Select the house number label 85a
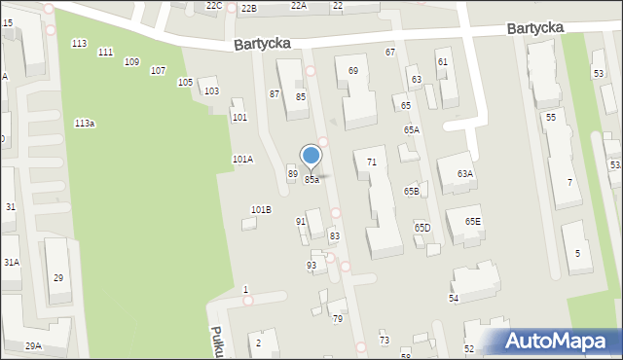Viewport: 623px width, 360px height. (311, 180)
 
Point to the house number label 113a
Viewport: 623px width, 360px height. (85, 124)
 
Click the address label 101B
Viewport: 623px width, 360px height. (261, 210)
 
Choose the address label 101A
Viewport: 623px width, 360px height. (242, 159)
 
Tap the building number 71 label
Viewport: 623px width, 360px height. (372, 162)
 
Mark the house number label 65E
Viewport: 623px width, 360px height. (472, 222)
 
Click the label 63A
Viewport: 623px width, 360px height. (465, 174)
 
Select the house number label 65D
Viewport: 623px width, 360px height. (422, 228)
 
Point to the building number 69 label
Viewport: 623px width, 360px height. (352, 71)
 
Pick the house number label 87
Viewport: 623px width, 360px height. (275, 94)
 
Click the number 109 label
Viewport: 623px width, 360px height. (131, 61)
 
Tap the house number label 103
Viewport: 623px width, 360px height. (211, 91)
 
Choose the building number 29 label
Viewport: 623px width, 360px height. (58, 278)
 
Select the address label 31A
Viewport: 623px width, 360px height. (11, 263)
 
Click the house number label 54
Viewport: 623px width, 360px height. (454, 298)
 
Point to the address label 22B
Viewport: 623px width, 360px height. (249, 8)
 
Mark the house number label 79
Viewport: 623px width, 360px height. (338, 319)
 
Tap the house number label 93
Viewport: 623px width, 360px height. (311, 266)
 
